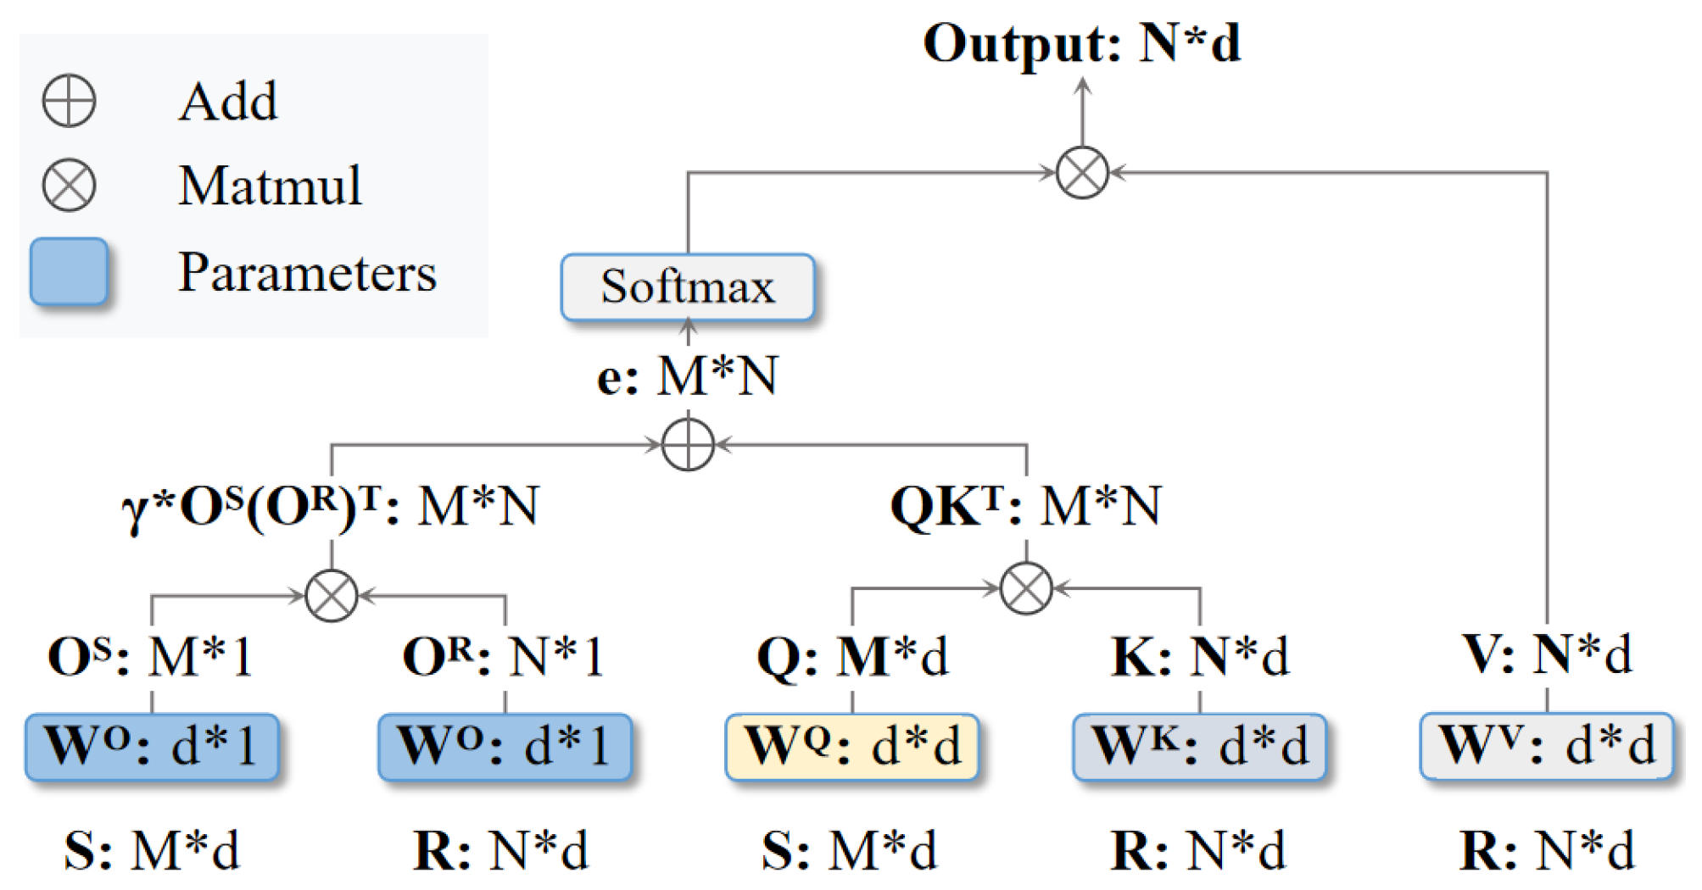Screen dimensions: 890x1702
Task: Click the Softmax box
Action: coord(687,286)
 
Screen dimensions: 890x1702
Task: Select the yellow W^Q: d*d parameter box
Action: coord(851,746)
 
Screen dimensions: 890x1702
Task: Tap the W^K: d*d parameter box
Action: coord(1199,746)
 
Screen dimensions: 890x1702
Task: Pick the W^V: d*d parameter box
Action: coord(1546,746)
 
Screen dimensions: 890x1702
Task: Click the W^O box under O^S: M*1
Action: coord(152,746)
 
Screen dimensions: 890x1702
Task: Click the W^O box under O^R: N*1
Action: coord(505,746)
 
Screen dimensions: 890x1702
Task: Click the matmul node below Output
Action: coord(1082,172)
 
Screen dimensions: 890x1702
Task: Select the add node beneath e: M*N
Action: coord(687,444)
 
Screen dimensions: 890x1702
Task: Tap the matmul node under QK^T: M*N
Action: coord(1026,587)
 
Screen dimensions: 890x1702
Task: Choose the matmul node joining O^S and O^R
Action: coord(331,595)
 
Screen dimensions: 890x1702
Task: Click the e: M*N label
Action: coord(687,375)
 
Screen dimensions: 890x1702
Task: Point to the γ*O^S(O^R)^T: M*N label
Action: coord(331,507)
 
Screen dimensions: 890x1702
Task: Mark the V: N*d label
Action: coord(1546,654)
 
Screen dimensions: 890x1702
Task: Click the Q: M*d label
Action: coord(851,656)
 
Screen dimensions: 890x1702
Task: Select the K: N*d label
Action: coord(1199,656)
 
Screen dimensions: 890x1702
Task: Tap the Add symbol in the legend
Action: coord(69,101)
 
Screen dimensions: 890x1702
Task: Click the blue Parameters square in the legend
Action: coord(69,271)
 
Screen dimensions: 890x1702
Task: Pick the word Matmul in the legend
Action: coord(270,186)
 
